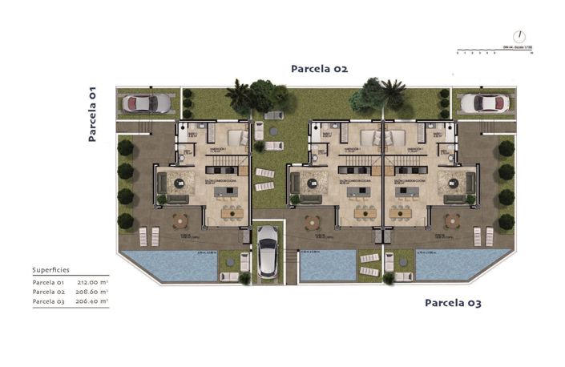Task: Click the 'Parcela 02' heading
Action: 318,69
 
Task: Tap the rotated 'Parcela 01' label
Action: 92,114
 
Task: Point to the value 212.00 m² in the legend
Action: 92,282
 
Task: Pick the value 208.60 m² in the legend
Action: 92,292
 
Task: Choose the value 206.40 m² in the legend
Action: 92,301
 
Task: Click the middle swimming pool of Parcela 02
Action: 327,264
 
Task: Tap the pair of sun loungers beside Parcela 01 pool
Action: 149,236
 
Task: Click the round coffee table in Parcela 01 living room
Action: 181,184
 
